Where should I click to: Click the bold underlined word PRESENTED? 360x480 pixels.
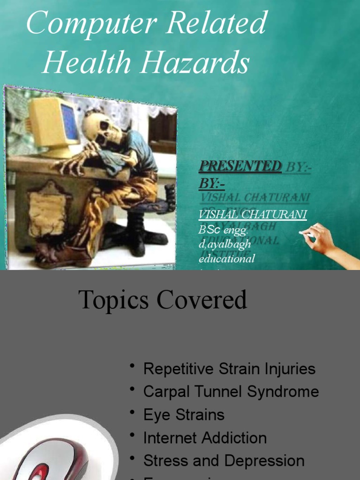pyautogui.click(x=240, y=166)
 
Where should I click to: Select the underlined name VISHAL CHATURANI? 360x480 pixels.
pyautogui.click(x=253, y=215)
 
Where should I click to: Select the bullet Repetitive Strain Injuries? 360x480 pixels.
pyautogui.click(x=229, y=368)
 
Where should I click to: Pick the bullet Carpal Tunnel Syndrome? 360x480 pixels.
pyautogui.click(x=231, y=391)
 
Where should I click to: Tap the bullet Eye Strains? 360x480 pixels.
pyautogui.click(x=184, y=414)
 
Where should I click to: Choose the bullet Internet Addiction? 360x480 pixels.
pyautogui.click(x=205, y=438)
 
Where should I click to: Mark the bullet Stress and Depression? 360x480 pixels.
pyautogui.click(x=224, y=461)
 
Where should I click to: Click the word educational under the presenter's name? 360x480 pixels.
pyautogui.click(x=226, y=258)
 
